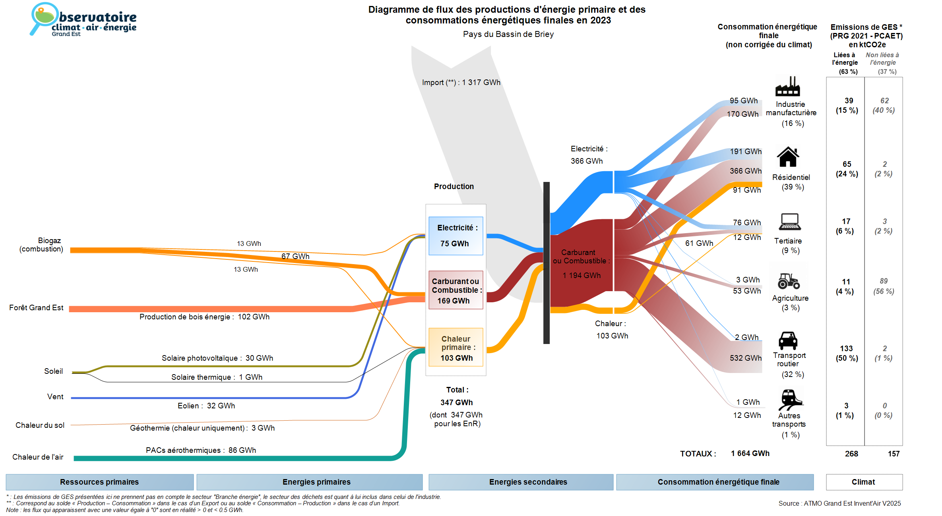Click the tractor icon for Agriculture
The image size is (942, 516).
point(789,281)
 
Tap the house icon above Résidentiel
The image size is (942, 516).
point(788,157)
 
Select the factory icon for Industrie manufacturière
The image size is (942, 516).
point(787,87)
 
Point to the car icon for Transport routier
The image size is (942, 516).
point(788,340)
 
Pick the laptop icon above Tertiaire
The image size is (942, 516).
point(789,222)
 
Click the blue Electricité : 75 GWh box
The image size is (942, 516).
point(456,236)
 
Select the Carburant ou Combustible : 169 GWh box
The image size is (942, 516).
point(456,290)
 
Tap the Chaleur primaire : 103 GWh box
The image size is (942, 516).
point(456,348)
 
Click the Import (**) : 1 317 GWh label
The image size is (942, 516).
point(461,82)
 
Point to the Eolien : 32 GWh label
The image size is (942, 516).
point(206,406)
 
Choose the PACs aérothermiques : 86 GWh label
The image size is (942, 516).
point(201,450)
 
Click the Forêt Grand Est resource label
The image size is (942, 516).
point(36,307)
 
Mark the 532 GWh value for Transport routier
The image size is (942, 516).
point(745,358)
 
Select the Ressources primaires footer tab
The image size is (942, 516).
point(99,482)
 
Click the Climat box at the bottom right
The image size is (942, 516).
point(864,482)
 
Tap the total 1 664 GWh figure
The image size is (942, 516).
point(750,453)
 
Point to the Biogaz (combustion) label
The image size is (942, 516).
point(41,245)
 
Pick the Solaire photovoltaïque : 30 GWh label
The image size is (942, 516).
point(217,358)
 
